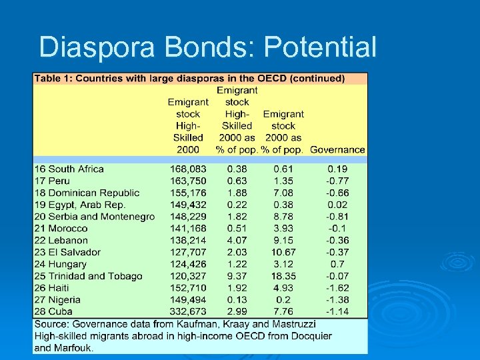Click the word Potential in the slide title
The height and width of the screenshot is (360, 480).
[x=320, y=47]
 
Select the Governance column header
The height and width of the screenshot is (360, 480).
[x=337, y=149]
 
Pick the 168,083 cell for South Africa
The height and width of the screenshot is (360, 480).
[x=188, y=169]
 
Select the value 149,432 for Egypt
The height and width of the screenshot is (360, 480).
[x=188, y=205]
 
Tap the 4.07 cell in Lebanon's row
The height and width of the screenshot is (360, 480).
[x=236, y=240]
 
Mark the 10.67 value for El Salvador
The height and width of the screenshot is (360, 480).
[x=283, y=252]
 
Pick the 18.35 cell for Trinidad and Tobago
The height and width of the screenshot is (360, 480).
[x=283, y=276]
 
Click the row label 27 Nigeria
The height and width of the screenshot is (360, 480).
[x=57, y=300]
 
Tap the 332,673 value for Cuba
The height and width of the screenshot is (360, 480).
[x=188, y=311]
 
